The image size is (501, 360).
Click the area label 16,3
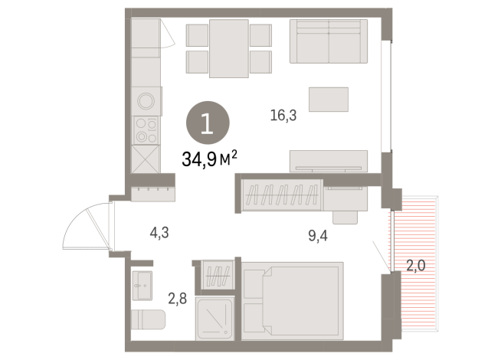pyautogui.click(x=283, y=116)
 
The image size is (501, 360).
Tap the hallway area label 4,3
pyautogui.click(x=159, y=233)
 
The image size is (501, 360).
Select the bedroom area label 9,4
pyautogui.click(x=318, y=236)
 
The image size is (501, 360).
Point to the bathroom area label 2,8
pyautogui.click(x=177, y=299)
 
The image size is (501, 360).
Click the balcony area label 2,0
pyautogui.click(x=416, y=265)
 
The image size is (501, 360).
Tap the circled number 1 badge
pyautogui.click(x=208, y=123)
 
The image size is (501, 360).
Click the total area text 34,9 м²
pyautogui.click(x=210, y=159)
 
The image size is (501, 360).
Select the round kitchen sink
pyautogui.click(x=146, y=101)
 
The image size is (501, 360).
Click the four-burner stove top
pyautogui.click(x=146, y=130)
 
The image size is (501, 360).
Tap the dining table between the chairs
pyautogui.click(x=229, y=48)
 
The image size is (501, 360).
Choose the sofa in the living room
pyautogui.click(x=329, y=41)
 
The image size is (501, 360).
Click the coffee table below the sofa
pyautogui.click(x=329, y=100)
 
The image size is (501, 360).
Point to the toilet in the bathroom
pyautogui.click(x=148, y=319)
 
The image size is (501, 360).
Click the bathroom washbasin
pyautogui.click(x=142, y=286)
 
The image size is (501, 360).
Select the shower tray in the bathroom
pyautogui.click(x=214, y=319)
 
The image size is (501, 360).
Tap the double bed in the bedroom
pyautogui.click(x=293, y=301)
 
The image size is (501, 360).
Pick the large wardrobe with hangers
pyautogui.click(x=282, y=195)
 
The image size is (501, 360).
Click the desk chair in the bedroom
pyautogui.click(x=345, y=218)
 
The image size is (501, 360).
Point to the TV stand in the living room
pyautogui.click(x=329, y=162)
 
